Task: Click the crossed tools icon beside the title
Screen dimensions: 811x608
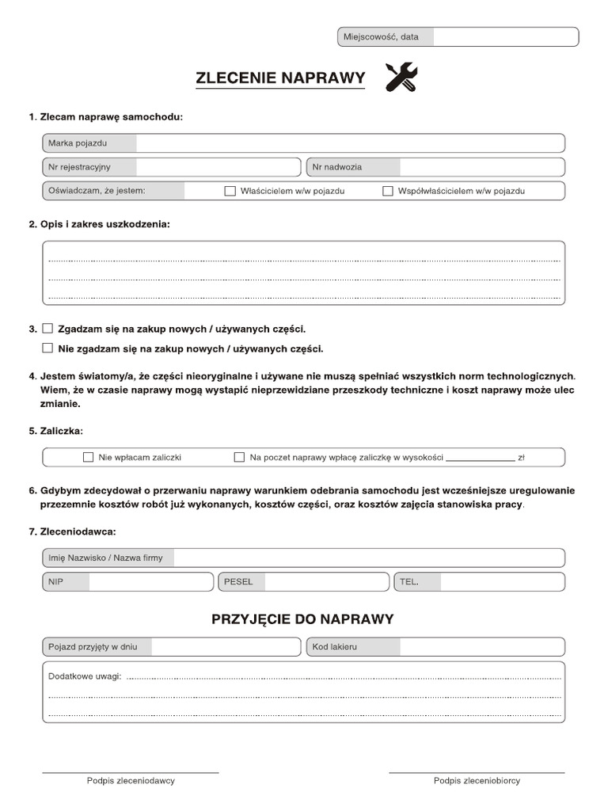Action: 401,78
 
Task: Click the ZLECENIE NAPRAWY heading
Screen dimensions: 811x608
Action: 280,78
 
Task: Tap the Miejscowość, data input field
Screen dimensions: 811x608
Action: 505,37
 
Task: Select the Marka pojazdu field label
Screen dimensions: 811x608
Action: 78,143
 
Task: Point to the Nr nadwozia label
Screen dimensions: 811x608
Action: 337,167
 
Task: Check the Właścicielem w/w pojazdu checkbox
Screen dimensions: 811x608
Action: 230,191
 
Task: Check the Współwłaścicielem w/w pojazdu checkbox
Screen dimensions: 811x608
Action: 388,191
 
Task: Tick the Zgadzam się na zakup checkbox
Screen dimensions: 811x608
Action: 47,328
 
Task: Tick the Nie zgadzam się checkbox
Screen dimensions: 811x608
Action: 47,348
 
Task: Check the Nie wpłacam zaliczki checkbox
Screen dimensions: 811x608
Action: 88,457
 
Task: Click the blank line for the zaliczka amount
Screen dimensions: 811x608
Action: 480,458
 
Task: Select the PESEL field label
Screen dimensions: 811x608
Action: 238,582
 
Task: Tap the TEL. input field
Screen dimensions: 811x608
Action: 502,582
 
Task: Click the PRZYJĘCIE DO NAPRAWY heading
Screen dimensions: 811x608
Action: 302,619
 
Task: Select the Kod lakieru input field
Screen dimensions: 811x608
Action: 481,647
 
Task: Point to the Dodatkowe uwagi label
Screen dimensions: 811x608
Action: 85,677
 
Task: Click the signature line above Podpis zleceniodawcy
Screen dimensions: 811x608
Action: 131,771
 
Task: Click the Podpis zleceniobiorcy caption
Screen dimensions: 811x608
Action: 477,781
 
